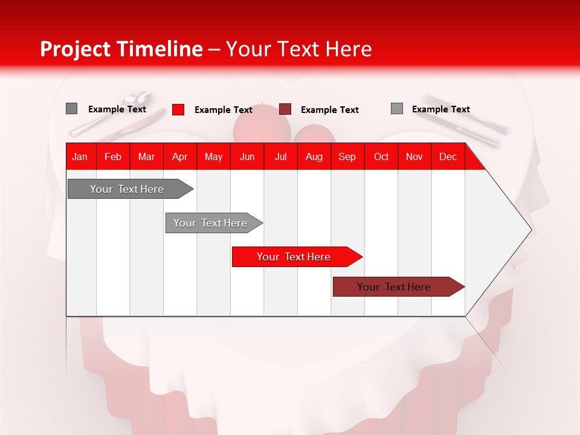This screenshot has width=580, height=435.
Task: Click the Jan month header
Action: point(80,156)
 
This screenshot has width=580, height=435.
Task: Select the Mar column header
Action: point(146,156)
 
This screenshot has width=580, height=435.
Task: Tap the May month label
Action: point(213,156)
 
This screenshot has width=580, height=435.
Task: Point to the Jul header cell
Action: point(280,156)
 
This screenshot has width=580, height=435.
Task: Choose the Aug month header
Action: point(314,156)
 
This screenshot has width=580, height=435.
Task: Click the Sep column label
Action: point(347,156)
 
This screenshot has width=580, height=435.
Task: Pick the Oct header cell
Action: point(381,156)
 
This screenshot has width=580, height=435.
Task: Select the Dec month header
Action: point(448,156)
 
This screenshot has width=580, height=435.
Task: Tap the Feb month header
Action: point(113,156)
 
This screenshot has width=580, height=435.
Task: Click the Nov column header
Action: point(414,156)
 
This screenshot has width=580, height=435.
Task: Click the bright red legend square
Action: point(178,109)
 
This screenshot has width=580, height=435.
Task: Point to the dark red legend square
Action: point(285,109)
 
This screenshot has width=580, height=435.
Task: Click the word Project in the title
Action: point(76,49)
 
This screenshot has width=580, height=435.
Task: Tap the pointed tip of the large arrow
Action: point(530,229)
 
